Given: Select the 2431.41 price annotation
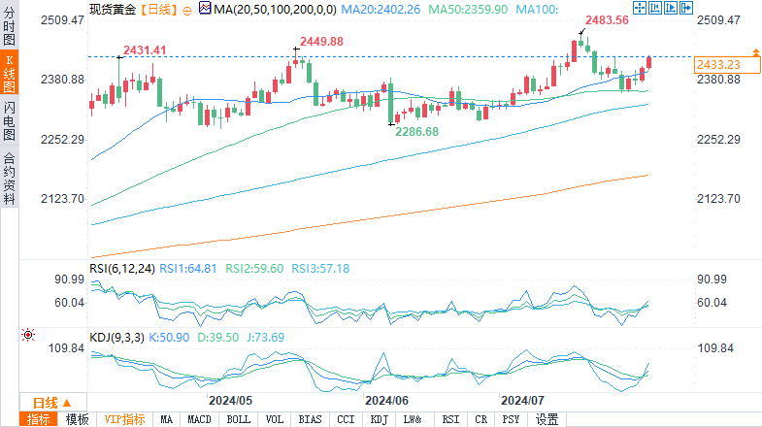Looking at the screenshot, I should pyautogui.click(x=145, y=49).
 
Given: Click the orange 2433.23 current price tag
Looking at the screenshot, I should pyautogui.click(x=719, y=64).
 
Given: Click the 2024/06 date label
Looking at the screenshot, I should pyautogui.click(x=386, y=400).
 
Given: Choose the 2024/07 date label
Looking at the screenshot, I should pyautogui.click(x=522, y=400).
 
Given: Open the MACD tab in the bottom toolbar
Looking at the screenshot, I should pyautogui.click(x=200, y=419).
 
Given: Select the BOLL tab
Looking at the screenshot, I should pyautogui.click(x=238, y=419).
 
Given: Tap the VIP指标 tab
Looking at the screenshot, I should pyautogui.click(x=125, y=419).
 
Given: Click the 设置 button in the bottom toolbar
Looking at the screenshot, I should pyautogui.click(x=547, y=419).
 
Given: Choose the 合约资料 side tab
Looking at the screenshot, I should pyautogui.click(x=9, y=180).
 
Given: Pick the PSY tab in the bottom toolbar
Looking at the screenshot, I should pyautogui.click(x=512, y=419).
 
